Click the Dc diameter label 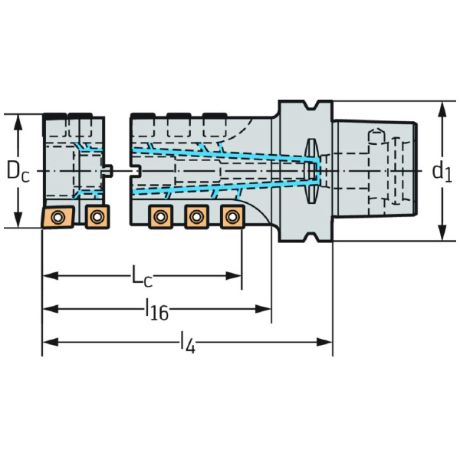pos(18,170)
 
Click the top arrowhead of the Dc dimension pos(18,120)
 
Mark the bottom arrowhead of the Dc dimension pos(18,222)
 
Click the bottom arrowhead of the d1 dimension pos(442,235)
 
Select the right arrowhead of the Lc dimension pos(237,275)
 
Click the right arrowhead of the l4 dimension pos(327,341)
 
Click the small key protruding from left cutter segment pos(109,170)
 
